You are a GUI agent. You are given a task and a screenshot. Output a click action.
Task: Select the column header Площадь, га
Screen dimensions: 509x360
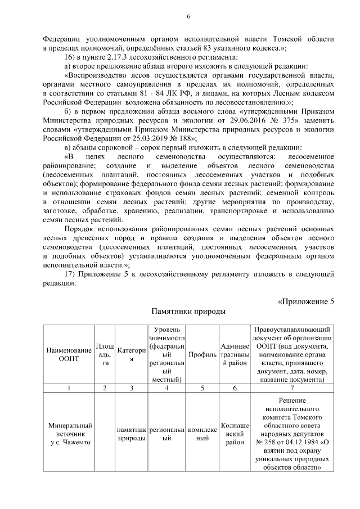click(x=104, y=355)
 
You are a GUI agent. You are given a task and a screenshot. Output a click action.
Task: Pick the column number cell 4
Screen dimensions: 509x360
click(x=166, y=388)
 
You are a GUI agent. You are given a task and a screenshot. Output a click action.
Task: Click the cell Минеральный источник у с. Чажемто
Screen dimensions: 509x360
click(x=69, y=434)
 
